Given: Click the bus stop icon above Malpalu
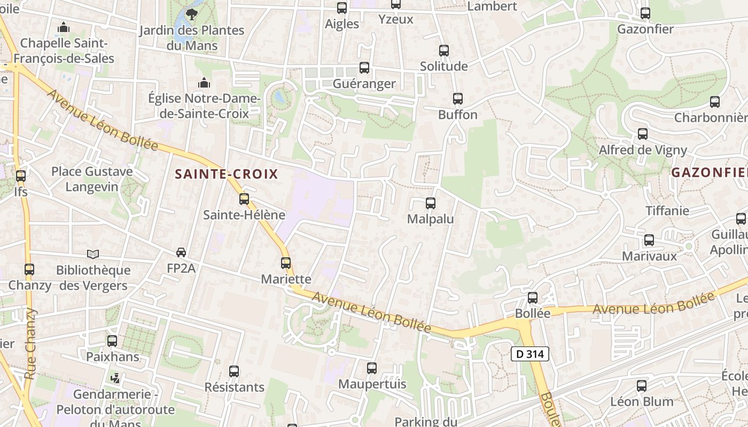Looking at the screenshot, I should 431,203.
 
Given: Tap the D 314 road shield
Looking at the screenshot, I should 529,354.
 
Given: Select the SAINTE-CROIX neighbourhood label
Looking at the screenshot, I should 227,174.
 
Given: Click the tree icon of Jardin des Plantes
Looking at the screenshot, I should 191,14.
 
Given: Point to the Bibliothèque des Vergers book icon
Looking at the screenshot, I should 93,255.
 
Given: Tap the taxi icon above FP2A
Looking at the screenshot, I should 181,252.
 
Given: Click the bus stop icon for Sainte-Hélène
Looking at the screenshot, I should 244,199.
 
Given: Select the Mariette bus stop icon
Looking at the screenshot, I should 286,263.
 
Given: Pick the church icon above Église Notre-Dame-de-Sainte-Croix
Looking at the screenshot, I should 204,83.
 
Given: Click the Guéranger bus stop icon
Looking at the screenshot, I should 364,68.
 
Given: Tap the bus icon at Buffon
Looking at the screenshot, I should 458,99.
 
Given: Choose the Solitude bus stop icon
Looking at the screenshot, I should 444,51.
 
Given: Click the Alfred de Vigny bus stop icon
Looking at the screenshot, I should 643,134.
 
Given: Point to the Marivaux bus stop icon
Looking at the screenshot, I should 649,240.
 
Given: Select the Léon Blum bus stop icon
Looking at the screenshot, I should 642,386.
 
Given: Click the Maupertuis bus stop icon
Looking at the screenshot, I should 372,368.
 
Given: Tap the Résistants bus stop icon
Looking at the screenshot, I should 234,371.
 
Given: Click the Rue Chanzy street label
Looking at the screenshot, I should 30,344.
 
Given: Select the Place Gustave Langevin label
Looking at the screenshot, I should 92,179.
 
